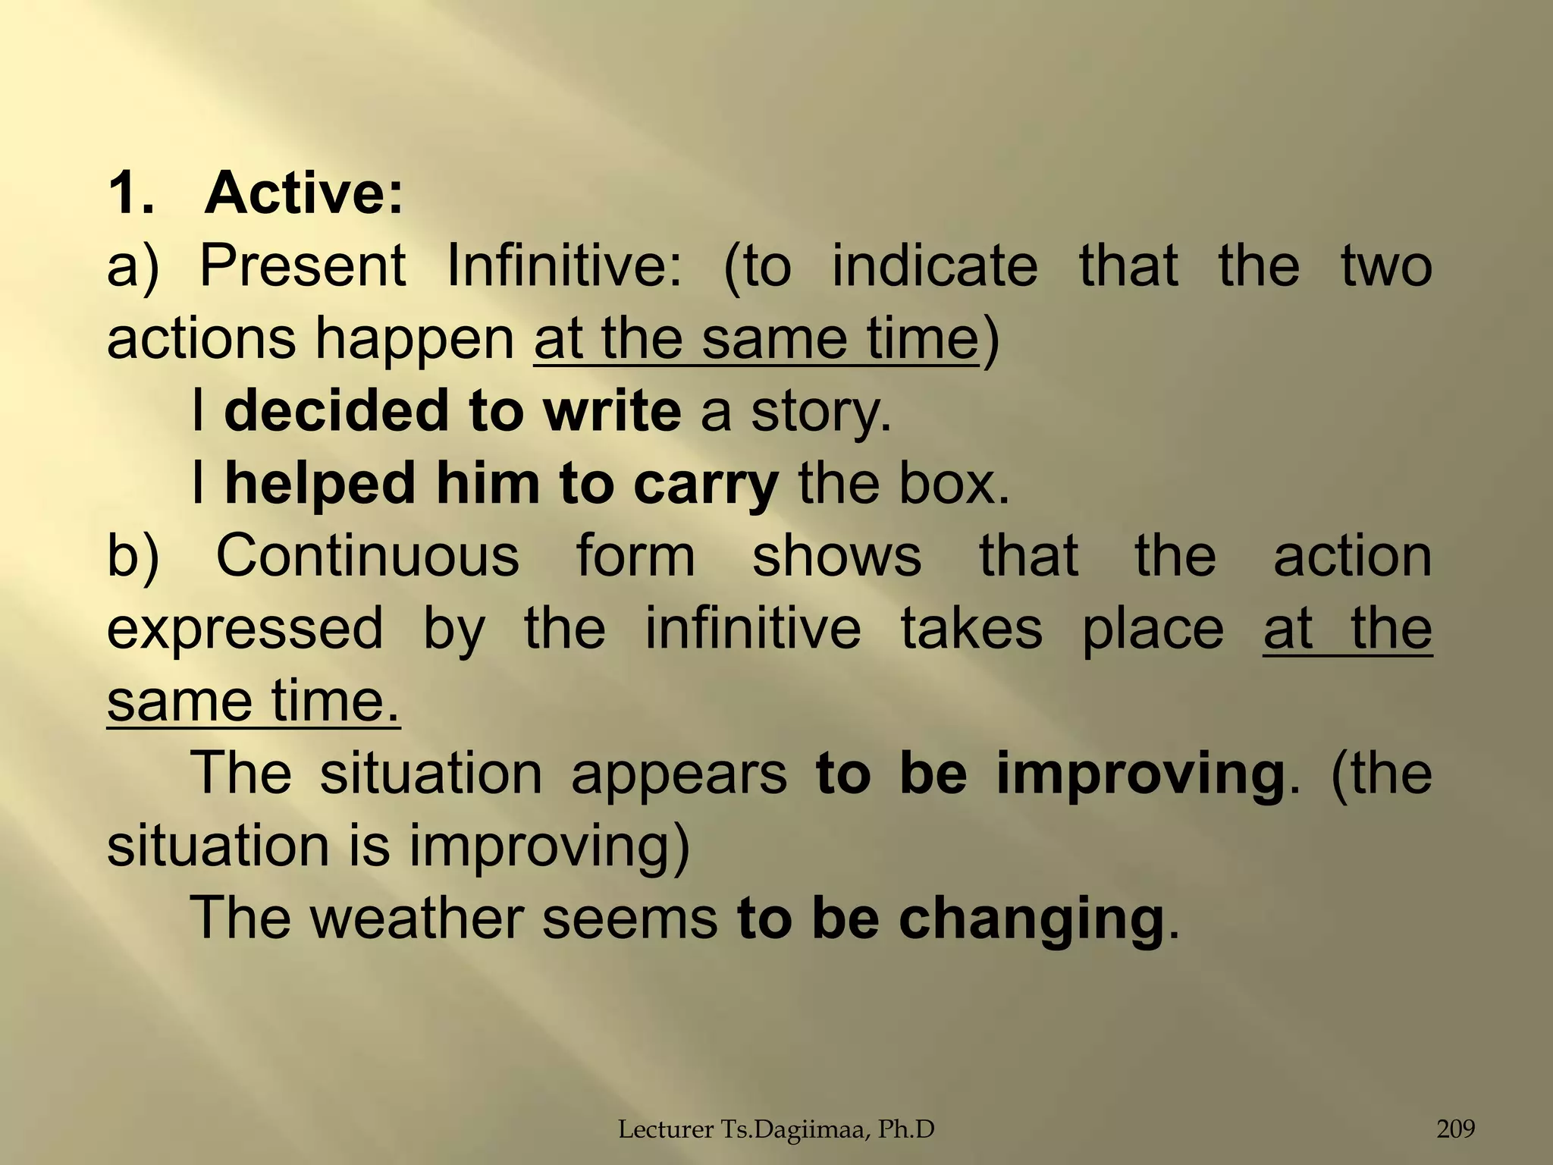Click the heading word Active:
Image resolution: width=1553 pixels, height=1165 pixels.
click(x=303, y=193)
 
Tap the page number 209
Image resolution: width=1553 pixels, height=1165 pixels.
click(x=1456, y=1129)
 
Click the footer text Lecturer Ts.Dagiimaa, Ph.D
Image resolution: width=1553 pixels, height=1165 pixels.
click(x=776, y=1130)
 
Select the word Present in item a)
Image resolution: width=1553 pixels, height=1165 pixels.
click(x=303, y=265)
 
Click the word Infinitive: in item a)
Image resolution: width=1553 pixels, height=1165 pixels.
click(x=565, y=265)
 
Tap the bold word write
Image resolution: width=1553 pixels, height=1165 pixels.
click(x=612, y=411)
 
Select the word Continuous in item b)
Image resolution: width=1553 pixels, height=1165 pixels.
click(x=368, y=556)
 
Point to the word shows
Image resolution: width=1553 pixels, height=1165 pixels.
click(x=836, y=556)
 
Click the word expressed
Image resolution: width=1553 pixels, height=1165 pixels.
click(x=245, y=630)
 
